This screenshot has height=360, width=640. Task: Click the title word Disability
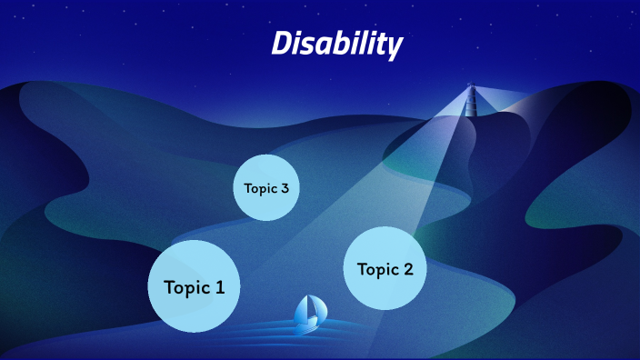pyautogui.click(x=336, y=43)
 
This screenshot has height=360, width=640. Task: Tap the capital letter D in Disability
pyautogui.click(x=282, y=42)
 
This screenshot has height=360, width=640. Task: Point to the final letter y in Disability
pyautogui.click(x=395, y=45)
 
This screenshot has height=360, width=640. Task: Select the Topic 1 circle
pyautogui.click(x=194, y=286)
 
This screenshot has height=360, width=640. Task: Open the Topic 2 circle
pyautogui.click(x=385, y=268)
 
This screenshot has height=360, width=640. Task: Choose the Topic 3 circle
pyautogui.click(x=266, y=188)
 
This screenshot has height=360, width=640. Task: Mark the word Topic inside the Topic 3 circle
pyautogui.click(x=260, y=189)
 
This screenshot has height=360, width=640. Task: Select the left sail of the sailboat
pyautogui.click(x=303, y=309)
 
